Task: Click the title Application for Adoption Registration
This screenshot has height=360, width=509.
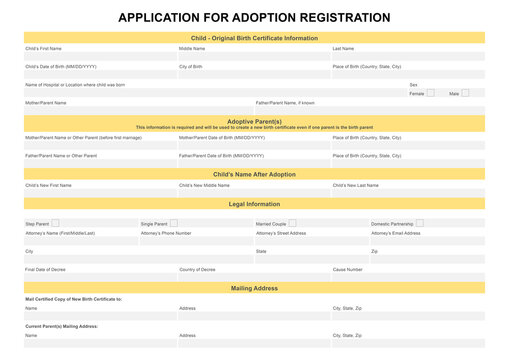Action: click(x=254, y=17)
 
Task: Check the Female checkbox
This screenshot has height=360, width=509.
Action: click(x=431, y=93)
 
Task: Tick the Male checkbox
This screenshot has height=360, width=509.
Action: click(x=467, y=93)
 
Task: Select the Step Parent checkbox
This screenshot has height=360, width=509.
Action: click(x=55, y=223)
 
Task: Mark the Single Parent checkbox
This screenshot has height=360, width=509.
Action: click(x=173, y=223)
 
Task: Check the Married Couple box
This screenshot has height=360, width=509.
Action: click(x=292, y=223)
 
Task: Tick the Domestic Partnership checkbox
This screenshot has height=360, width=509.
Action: click(x=419, y=223)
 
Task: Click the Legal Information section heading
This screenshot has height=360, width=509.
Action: click(x=254, y=204)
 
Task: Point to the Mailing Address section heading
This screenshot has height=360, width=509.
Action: click(x=254, y=288)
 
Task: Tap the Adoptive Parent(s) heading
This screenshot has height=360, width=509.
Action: click(x=254, y=121)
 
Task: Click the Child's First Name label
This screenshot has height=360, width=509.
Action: click(x=43, y=48)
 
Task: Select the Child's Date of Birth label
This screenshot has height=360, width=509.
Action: click(x=61, y=66)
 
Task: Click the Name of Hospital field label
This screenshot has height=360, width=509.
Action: click(x=75, y=85)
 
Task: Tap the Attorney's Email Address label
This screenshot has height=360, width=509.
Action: click(x=396, y=233)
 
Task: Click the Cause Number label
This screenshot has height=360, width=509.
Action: click(x=347, y=269)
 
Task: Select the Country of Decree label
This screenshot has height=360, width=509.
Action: click(x=197, y=269)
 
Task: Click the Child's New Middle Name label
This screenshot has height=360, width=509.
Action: click(x=205, y=185)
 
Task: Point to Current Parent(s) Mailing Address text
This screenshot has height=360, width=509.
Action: click(x=62, y=326)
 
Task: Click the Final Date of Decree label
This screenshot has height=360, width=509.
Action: click(x=46, y=269)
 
